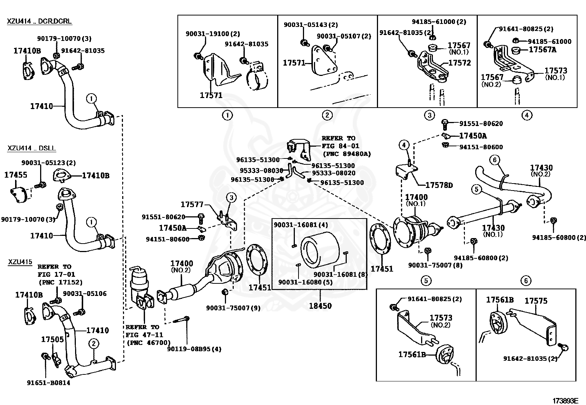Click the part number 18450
tap(320, 306)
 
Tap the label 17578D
tap(439, 185)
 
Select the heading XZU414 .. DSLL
tap(32, 148)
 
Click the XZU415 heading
tap(20, 262)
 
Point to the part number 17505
tap(52, 339)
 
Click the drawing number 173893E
tap(565, 401)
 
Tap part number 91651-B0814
tap(49, 383)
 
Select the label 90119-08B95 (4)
tap(194, 349)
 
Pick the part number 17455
tap(16, 175)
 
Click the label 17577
tap(192, 204)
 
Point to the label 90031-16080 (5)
tap(305, 282)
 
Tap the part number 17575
tap(536, 301)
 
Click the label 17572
tap(460, 63)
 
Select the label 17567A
tap(543, 49)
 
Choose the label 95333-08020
tap(333, 173)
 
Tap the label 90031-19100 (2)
tap(213, 34)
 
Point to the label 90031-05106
tap(85, 293)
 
